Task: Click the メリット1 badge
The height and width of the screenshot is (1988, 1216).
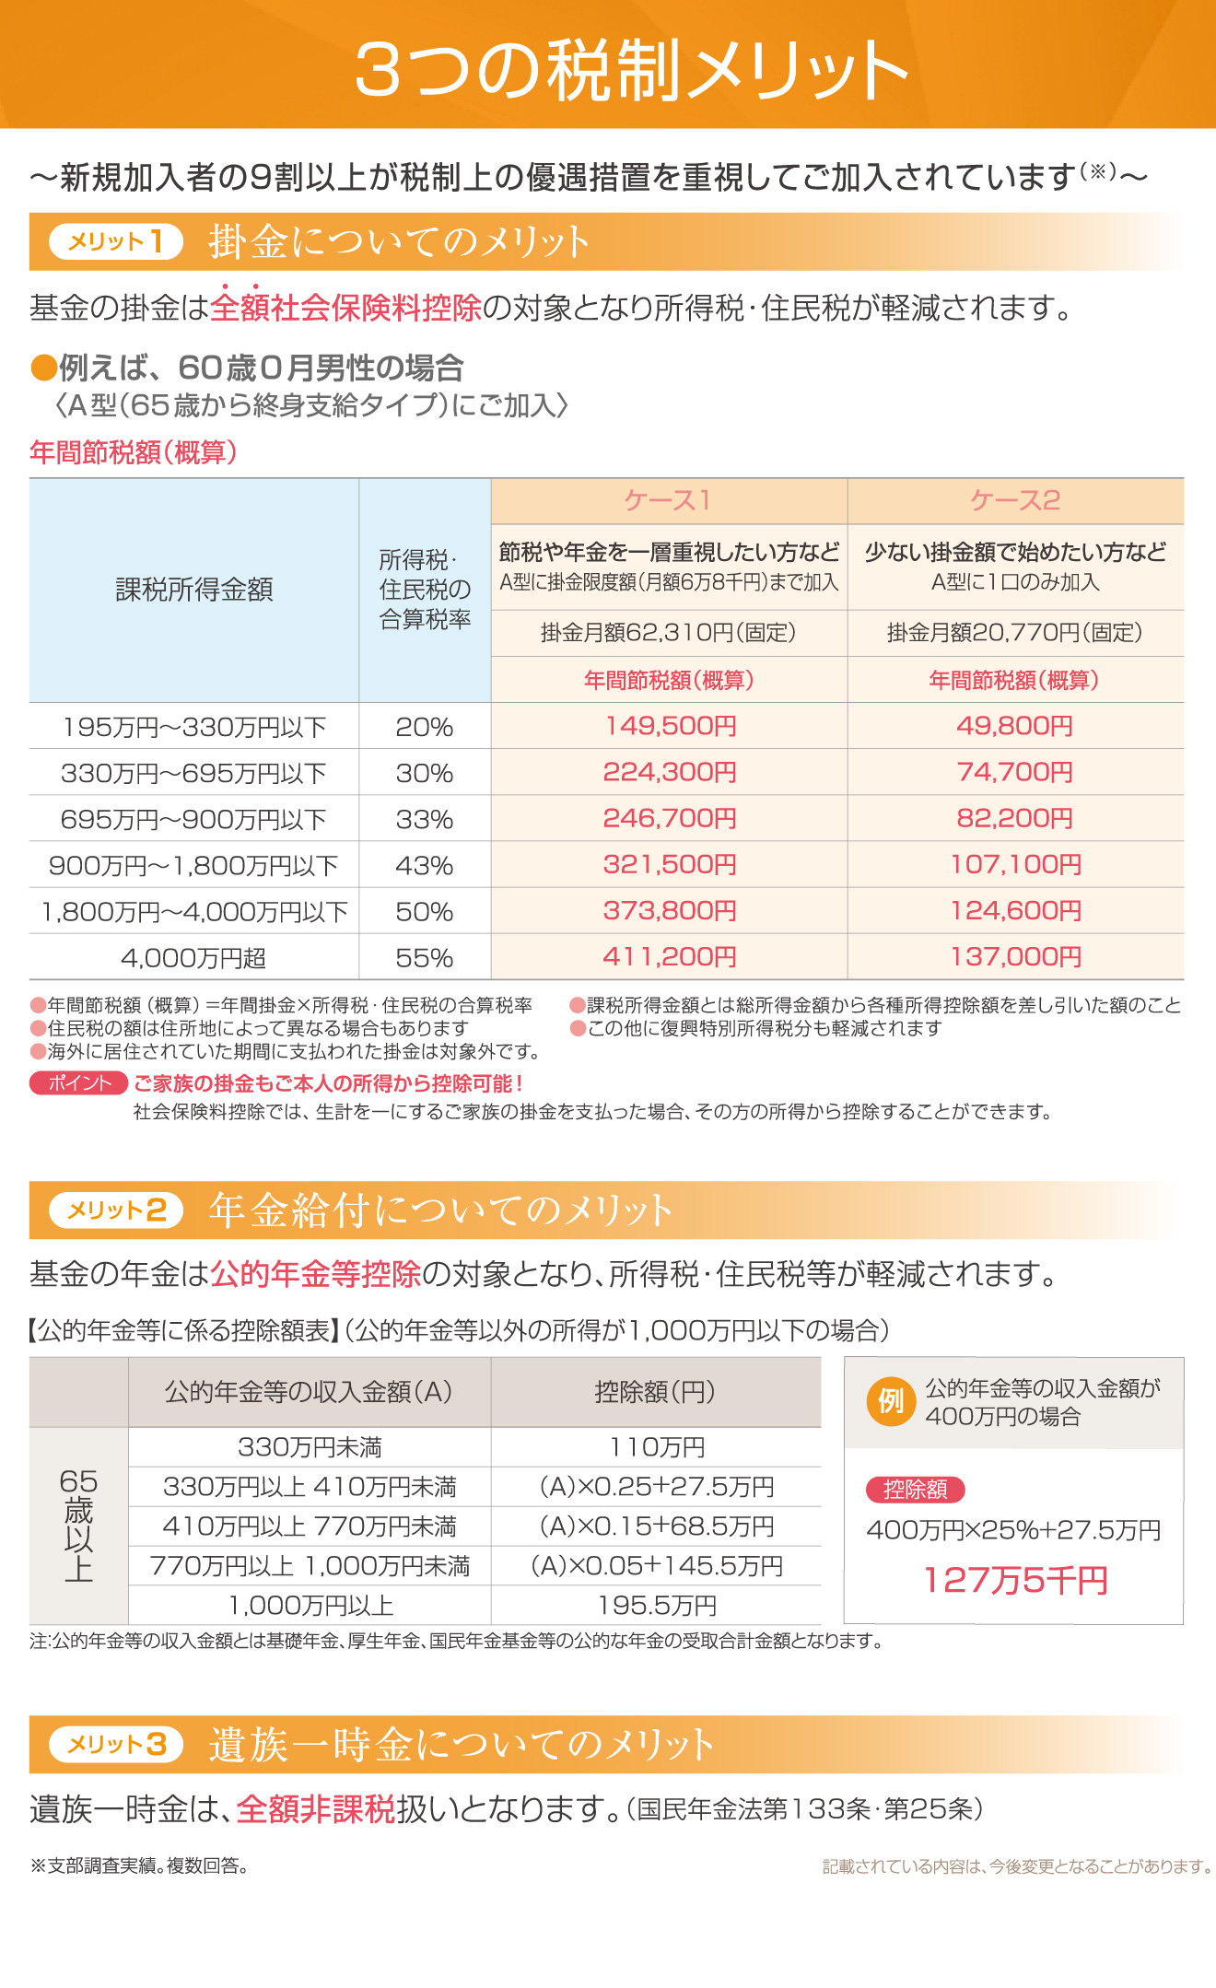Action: pos(115,241)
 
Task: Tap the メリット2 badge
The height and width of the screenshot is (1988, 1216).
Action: pos(116,1210)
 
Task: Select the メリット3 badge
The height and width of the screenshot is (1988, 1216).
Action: pos(116,1744)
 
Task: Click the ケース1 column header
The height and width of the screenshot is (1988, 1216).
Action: pos(669,500)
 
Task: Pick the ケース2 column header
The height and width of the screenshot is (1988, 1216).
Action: pos(1015,500)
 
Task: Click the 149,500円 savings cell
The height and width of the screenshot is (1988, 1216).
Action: pos(670,726)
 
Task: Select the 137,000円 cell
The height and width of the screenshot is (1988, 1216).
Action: pos(1015,957)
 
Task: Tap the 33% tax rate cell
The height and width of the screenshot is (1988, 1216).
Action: pos(424,819)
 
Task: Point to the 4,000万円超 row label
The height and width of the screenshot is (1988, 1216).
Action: pos(193,958)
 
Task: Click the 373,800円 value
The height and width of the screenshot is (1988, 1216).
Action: pos(670,911)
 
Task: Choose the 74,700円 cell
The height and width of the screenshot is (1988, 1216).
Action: pos(1015,772)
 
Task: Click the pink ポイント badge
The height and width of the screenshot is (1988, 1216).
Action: pos(78,1083)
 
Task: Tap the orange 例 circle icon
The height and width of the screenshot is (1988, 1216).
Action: pos(891,1401)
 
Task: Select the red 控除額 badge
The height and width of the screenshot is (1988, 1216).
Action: pos(915,1490)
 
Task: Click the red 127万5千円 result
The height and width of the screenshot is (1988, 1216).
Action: pos(1015,1581)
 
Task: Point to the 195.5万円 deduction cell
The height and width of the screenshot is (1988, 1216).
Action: pos(657,1606)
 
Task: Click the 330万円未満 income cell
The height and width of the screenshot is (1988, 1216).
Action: pos(310,1447)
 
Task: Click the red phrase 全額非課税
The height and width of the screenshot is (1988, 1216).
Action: pos(315,1809)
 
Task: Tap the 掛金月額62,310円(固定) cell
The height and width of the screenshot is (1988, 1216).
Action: pos(669,633)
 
